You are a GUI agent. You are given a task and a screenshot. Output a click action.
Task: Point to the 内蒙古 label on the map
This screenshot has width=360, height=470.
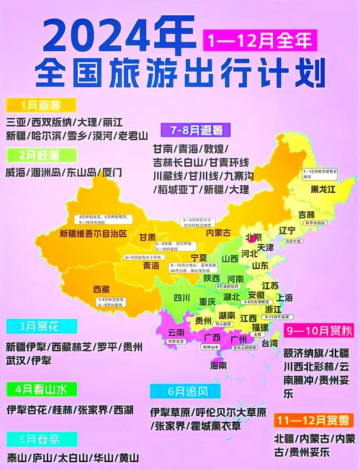tap(218, 232)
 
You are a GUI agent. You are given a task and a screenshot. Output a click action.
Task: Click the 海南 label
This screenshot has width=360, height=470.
tap(219, 366)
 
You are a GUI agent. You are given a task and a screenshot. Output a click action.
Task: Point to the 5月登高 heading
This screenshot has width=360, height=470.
tap(32, 439)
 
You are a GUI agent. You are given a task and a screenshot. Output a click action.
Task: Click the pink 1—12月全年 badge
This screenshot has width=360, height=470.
tap(260, 40)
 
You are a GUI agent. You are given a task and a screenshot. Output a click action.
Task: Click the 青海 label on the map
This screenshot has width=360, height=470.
tap(150, 265)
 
